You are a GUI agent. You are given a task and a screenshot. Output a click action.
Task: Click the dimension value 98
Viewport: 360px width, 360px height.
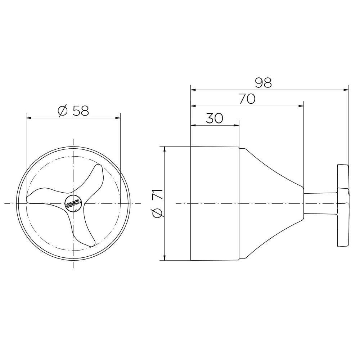pyautogui.click(x=264, y=83)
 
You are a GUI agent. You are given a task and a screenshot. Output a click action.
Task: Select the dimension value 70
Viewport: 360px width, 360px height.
pyautogui.click(x=247, y=99)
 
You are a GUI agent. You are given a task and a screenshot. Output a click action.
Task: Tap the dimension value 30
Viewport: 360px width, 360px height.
pyautogui.click(x=215, y=118)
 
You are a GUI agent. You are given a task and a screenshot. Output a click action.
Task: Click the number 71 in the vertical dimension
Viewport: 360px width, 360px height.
pyautogui.click(x=158, y=194)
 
